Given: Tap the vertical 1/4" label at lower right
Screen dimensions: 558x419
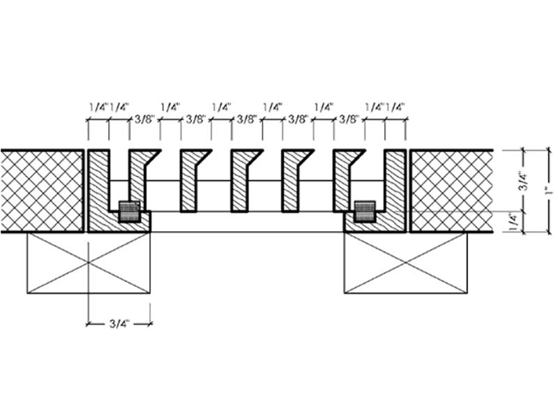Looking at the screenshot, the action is [x=513, y=221].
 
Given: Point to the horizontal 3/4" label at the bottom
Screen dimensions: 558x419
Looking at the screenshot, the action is [x=119, y=324].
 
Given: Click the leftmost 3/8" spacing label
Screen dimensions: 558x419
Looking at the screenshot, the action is [x=145, y=119].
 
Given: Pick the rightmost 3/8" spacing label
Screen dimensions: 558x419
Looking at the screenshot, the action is [x=349, y=119].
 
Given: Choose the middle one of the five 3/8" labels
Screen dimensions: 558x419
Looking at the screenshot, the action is [x=247, y=119].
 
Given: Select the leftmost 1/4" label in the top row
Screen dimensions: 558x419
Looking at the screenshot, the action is [x=98, y=107].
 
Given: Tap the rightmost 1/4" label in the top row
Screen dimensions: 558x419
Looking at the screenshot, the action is [x=395, y=107].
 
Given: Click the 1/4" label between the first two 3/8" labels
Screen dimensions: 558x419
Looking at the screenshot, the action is [x=170, y=107].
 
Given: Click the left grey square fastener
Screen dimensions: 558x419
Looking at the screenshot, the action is [x=129, y=212].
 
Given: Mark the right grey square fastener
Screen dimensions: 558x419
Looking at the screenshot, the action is [x=365, y=212].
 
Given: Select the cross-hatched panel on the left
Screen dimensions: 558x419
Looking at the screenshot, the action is [x=42, y=191].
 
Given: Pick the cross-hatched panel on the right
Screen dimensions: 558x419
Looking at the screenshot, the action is [x=451, y=191].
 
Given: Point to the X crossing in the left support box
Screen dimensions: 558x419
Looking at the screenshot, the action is [x=89, y=263].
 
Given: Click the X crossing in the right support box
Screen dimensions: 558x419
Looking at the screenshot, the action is [x=406, y=263].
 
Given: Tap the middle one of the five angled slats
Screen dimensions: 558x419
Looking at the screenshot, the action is [x=240, y=181].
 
